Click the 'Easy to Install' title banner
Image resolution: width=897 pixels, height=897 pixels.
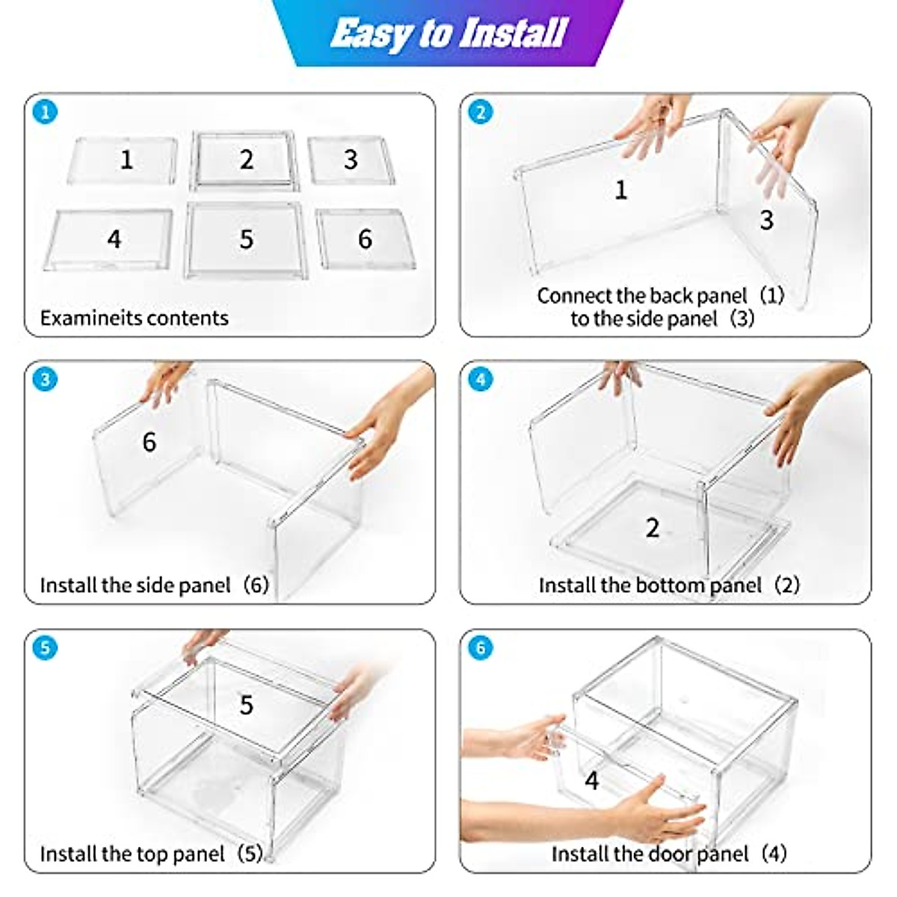447,33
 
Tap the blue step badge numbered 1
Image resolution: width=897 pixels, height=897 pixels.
45,112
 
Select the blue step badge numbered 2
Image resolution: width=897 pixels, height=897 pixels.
481,112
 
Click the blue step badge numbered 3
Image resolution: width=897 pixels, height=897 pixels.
45,380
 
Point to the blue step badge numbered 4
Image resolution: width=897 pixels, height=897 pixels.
481,380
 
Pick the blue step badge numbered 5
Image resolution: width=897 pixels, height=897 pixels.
45,647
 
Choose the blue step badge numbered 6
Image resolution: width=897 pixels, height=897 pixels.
481,647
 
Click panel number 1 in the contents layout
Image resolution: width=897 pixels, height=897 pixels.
123,160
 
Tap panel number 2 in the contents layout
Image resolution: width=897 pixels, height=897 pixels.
244,161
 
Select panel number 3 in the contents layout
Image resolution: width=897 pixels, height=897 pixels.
351,160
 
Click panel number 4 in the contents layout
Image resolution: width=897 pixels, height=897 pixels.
109,239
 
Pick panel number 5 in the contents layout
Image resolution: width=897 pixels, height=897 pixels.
245,240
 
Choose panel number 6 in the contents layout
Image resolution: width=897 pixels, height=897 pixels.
366,238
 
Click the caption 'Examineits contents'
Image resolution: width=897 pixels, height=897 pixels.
134,318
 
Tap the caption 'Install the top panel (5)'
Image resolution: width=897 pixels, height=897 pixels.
152,854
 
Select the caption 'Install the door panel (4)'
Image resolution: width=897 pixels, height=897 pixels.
669,854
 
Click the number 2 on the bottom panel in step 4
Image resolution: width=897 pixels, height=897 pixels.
652,528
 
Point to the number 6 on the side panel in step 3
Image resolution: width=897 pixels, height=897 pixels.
149,441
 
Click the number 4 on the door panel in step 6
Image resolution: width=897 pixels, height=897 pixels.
591,780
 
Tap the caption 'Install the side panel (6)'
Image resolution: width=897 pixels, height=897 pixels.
155,585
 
